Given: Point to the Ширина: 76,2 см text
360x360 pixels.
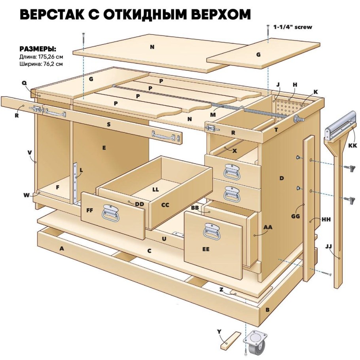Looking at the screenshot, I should point(41,63).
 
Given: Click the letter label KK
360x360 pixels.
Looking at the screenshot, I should point(352,146).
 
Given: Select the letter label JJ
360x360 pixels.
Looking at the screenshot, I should point(328,247).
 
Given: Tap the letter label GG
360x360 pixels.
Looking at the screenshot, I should point(295,216).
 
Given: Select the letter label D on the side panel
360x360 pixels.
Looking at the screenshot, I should point(281,178).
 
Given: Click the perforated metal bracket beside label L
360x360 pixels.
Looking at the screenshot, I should point(75,182).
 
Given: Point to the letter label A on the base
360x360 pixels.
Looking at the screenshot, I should point(61,248).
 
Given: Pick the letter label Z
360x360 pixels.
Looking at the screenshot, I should point(222,290).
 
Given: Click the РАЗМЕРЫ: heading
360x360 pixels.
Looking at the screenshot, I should point(38,49).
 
